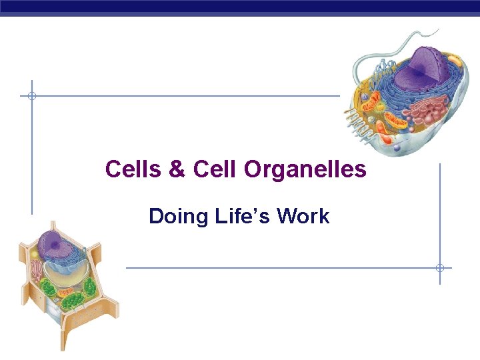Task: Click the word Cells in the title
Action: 133,170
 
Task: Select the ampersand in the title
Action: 177,170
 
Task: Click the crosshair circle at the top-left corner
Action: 31,96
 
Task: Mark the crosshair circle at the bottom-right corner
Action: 440,268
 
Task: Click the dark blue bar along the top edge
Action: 240,7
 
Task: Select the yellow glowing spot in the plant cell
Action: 35,253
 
